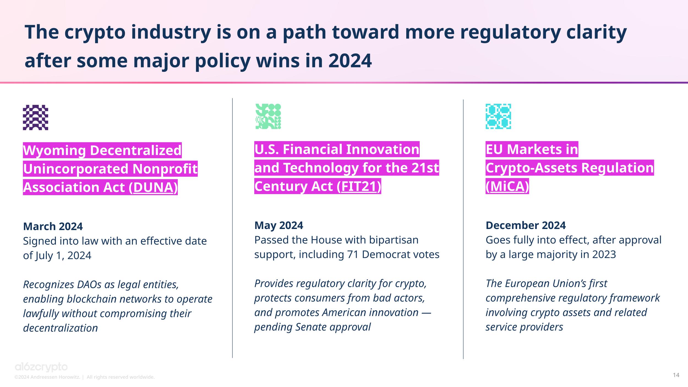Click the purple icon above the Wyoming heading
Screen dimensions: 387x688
[36, 117]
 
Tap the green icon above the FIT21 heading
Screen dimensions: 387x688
[268, 116]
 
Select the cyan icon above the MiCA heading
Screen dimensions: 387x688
[498, 116]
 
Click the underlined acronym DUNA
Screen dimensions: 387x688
[153, 187]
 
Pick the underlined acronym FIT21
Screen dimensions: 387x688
[359, 186]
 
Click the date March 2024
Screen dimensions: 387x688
[53, 227]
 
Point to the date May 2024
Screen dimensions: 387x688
[279, 225]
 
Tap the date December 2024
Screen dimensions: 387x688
[525, 225]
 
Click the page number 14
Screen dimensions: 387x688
[676, 375]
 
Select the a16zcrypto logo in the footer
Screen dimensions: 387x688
[41, 367]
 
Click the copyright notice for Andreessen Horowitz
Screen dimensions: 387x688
[84, 377]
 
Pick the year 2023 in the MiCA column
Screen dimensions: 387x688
[604, 255]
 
